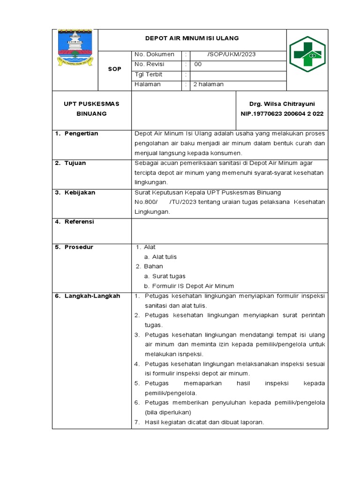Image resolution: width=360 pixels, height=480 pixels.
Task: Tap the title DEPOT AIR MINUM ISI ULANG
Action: click(192, 38)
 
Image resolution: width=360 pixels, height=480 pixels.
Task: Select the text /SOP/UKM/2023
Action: click(227, 54)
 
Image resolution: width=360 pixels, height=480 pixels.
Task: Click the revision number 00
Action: click(198, 65)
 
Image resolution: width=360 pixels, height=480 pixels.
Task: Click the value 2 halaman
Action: click(205, 84)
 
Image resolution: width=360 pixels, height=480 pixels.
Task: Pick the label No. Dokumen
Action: click(154, 54)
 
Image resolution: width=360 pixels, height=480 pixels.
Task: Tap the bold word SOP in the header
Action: click(114, 69)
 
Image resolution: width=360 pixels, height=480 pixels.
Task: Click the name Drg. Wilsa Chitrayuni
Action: click(282, 104)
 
